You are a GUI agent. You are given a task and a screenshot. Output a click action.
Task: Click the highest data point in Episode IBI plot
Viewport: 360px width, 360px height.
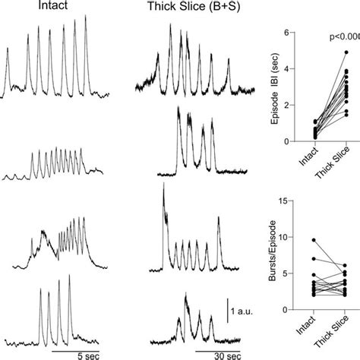coord(346,52)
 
